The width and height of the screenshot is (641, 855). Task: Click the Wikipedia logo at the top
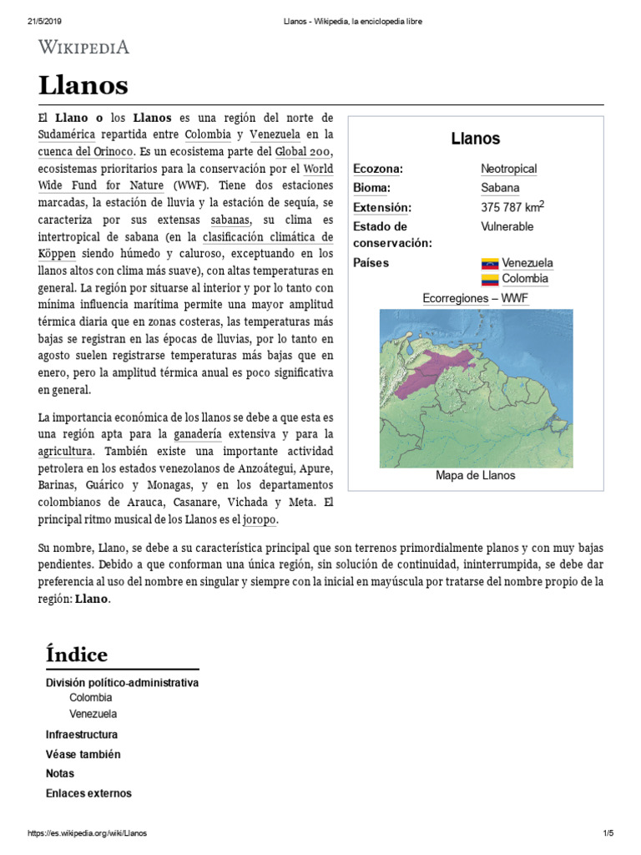[84, 47]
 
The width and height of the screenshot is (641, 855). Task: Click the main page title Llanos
[83, 84]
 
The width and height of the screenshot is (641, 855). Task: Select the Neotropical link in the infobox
[508, 169]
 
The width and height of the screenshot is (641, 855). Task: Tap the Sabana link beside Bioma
[500, 188]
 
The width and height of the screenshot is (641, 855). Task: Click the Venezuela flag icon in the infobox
[490, 263]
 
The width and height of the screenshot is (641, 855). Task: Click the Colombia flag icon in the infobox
[490, 279]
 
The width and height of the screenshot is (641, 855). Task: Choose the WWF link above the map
[514, 298]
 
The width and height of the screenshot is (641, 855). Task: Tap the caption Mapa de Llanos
[475, 475]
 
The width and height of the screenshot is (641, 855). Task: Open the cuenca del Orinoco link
[86, 151]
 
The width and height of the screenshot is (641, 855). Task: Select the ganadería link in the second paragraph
[198, 434]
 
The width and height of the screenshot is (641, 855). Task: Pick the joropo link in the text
[259, 519]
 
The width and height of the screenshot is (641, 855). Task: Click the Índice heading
[77, 653]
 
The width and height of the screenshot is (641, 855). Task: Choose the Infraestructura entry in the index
[82, 735]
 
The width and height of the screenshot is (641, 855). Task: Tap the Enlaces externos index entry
[88, 793]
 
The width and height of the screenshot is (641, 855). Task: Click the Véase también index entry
[83, 754]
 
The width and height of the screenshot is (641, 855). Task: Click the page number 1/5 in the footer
[607, 833]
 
